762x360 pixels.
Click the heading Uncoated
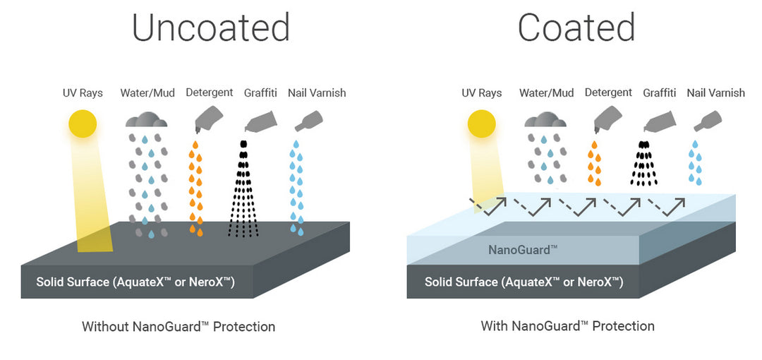click(x=210, y=28)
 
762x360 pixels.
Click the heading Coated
click(x=576, y=28)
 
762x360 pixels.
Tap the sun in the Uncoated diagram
click(x=83, y=124)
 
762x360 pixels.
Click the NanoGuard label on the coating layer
click(x=523, y=250)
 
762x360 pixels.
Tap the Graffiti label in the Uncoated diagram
click(x=260, y=92)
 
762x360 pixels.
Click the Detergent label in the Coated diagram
click(x=608, y=92)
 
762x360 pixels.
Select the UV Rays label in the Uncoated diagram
click(x=83, y=92)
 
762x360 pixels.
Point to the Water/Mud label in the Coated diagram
click(x=546, y=92)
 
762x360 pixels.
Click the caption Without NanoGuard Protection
click(x=179, y=327)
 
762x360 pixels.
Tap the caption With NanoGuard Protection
click(x=567, y=326)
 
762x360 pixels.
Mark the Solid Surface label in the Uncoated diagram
click(x=135, y=282)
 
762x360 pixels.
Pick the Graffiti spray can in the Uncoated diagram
click(x=260, y=121)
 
